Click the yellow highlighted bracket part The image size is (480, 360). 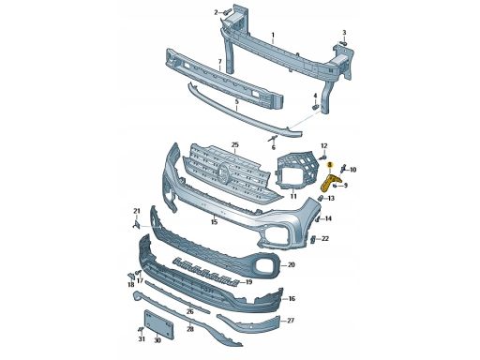[328, 183]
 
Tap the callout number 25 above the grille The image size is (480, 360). [234, 144]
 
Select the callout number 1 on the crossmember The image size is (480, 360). [273, 35]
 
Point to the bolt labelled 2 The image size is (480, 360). [227, 12]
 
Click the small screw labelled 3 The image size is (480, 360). [344, 43]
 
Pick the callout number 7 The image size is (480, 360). [219, 61]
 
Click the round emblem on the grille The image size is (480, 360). [224, 172]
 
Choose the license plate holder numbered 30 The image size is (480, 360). [158, 324]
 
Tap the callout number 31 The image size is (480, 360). [142, 339]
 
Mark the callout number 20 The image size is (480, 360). [292, 265]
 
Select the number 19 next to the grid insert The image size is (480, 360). [248, 282]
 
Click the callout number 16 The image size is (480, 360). [292, 299]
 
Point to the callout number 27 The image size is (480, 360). [291, 321]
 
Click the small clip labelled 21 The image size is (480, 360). [136, 224]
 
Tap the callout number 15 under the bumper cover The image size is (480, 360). [214, 222]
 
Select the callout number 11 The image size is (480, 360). [293, 196]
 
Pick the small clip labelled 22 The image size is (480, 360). [313, 239]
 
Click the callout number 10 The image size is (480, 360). [352, 170]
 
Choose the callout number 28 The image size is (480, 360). [190, 329]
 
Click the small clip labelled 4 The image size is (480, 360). [315, 107]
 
